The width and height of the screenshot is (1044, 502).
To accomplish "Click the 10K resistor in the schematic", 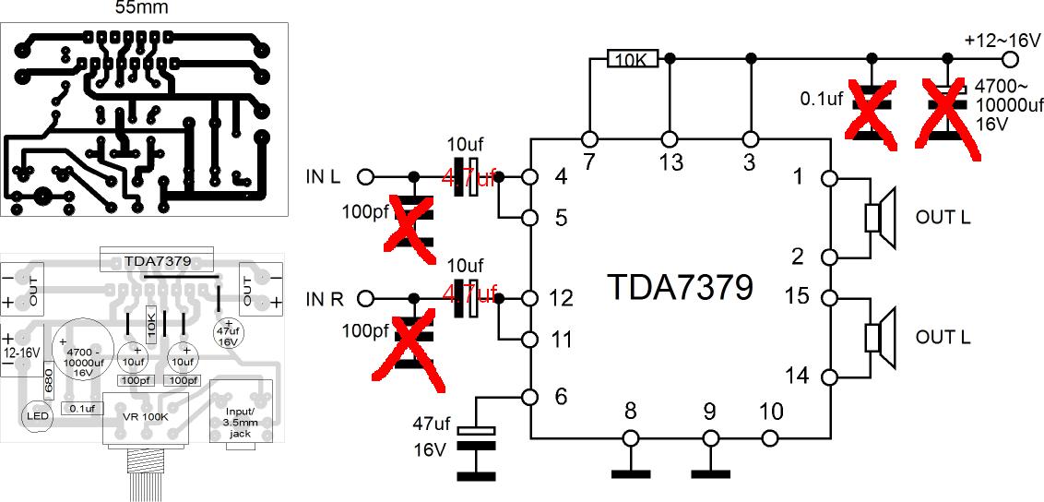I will coord(631,59).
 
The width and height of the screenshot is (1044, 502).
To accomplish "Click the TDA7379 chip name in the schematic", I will coord(680,288).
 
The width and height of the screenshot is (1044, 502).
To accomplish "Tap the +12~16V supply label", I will coord(1002,41).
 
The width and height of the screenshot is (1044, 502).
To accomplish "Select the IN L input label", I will coord(322,175).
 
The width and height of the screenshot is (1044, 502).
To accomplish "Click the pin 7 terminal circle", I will coord(589,139).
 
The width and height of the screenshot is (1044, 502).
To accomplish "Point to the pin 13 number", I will coord(670,162).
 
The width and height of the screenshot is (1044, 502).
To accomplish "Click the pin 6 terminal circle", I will coord(530,397).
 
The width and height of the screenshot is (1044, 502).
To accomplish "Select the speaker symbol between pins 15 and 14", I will coord(879,336).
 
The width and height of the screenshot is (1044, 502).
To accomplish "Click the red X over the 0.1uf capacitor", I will coord(872,113).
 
